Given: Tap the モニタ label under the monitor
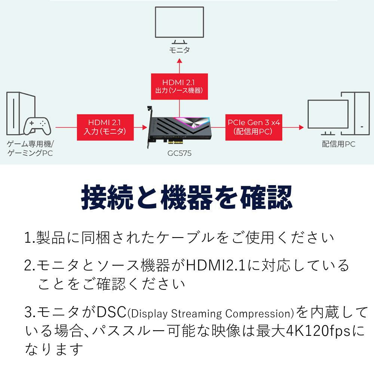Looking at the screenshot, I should click(x=180, y=50).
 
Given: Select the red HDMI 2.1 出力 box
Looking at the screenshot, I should click(x=180, y=86).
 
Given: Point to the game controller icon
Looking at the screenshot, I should click(x=36, y=126).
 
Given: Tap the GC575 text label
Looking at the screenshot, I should click(x=180, y=153).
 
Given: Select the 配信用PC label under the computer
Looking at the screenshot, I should click(x=338, y=144).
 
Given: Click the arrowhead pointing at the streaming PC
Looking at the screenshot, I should click(x=301, y=127).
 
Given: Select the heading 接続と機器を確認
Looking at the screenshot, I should click(x=187, y=198).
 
